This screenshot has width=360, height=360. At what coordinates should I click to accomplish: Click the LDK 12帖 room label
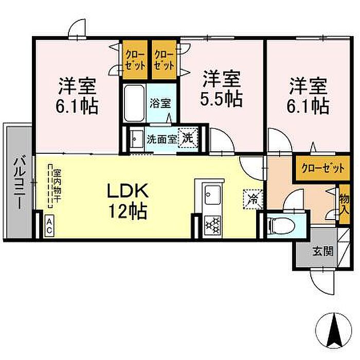[128, 200]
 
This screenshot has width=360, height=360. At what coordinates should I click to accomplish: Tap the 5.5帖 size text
[221, 99]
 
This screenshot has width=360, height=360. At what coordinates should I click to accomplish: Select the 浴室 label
[160, 103]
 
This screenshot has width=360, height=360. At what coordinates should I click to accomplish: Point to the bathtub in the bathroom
[135, 103]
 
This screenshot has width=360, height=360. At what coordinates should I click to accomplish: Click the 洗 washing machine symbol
[188, 137]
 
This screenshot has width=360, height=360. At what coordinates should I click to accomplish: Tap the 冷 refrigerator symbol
[253, 200]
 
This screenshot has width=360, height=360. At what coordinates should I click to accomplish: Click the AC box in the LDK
[49, 226]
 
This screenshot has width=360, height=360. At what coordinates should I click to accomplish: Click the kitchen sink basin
[213, 195]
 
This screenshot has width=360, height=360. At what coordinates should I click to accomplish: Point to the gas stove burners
[212, 226]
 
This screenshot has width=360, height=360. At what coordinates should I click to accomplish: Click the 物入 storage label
[344, 204]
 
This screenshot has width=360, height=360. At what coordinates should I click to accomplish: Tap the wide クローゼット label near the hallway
[323, 168]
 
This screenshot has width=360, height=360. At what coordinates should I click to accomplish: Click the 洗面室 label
[162, 139]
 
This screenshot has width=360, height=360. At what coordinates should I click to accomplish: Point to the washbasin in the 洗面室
[136, 139]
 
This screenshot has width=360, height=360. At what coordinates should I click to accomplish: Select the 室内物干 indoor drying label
[57, 186]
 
